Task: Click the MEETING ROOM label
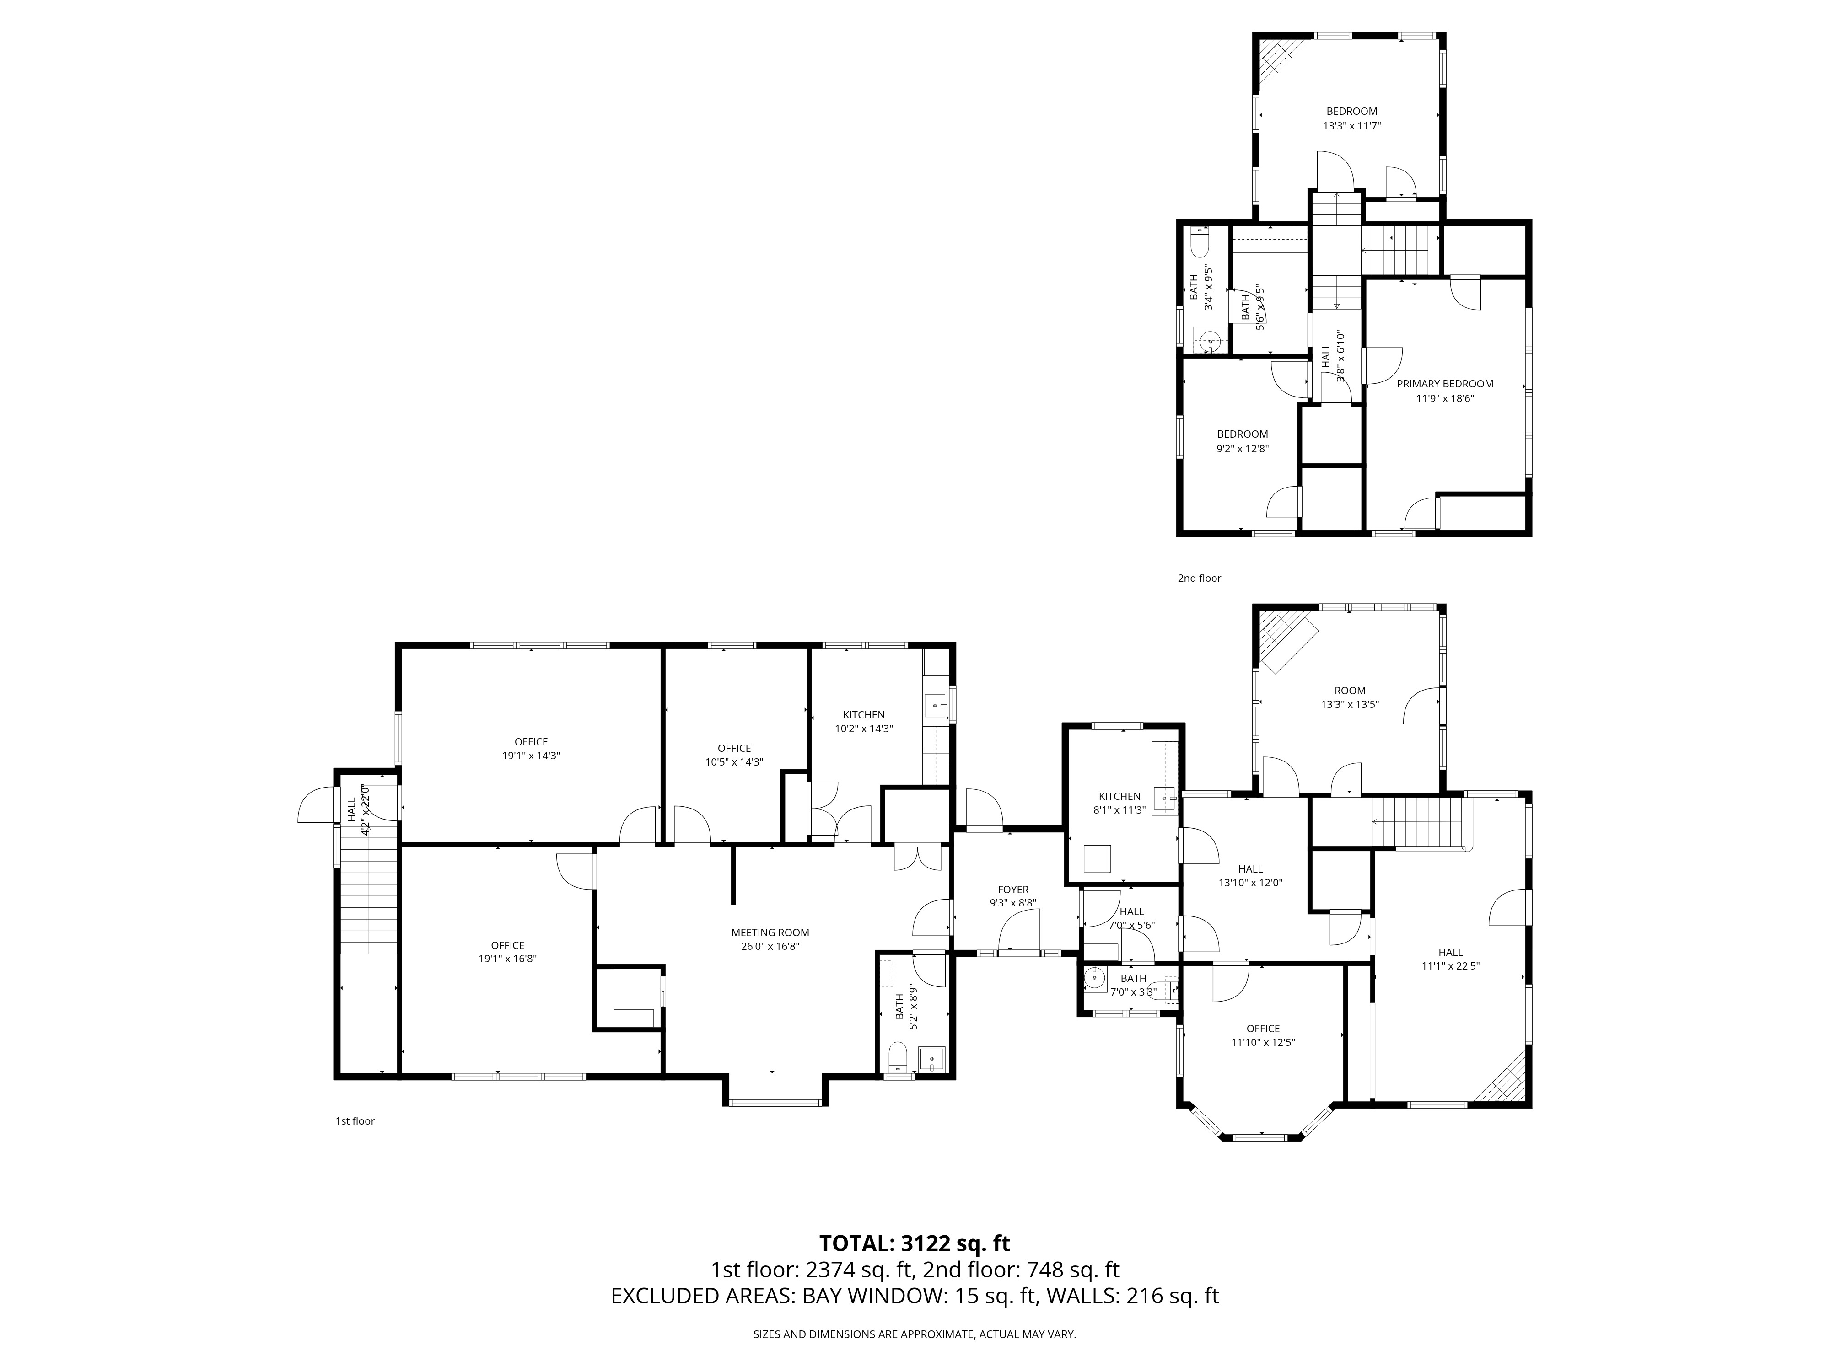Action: point(770,932)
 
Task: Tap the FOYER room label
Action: point(1012,890)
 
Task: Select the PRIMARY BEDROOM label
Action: point(1444,384)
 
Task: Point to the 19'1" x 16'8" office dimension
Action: point(508,959)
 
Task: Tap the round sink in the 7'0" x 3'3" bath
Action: point(1095,978)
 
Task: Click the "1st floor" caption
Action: point(354,1121)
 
